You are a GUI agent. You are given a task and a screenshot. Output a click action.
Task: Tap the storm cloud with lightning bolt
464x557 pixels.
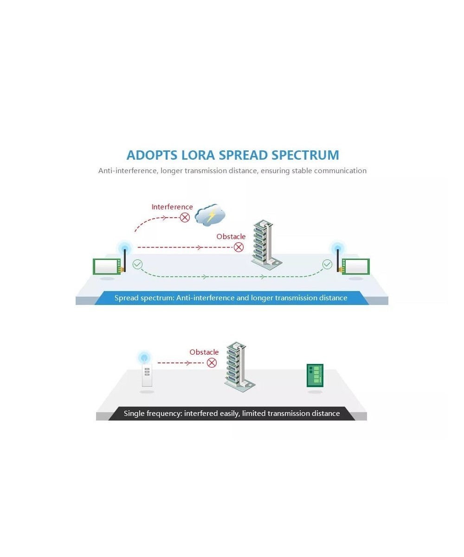[x=211, y=214]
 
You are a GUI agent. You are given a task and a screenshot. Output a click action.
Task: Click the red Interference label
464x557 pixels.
[x=172, y=207]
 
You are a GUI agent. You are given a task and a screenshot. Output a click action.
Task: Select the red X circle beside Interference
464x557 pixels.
[x=185, y=217]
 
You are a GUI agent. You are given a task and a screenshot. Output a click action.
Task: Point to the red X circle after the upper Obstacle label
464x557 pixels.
[x=238, y=247]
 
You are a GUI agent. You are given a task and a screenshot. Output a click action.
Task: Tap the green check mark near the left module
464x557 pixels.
[x=137, y=265]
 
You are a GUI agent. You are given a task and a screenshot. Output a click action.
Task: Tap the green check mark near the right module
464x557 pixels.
[x=327, y=265]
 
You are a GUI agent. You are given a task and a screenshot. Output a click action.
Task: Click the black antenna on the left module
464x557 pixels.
[x=125, y=260]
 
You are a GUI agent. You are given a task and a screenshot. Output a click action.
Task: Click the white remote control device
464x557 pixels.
[x=147, y=376]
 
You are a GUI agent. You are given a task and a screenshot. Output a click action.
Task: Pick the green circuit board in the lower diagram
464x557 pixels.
[x=315, y=376]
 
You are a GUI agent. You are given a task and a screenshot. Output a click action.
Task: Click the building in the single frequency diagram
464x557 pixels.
[x=238, y=366]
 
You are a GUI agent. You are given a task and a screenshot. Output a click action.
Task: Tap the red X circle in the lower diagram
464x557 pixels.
[x=212, y=363]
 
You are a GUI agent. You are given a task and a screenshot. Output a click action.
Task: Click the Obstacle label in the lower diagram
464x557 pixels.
[x=204, y=352]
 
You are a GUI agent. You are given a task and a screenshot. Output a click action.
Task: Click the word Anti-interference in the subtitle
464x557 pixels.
[x=128, y=171]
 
